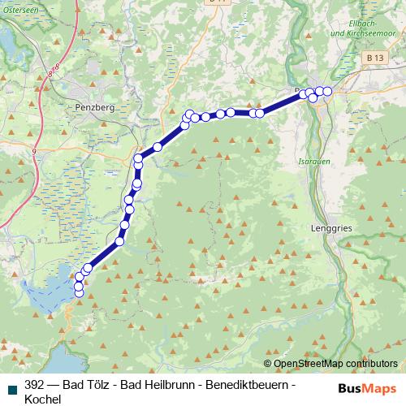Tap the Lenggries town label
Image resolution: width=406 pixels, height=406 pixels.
[x=331, y=229]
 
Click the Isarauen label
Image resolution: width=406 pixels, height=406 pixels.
[x=313, y=162]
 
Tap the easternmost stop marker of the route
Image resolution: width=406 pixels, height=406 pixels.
[x=327, y=92]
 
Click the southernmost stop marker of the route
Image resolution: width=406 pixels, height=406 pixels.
[x=79, y=293]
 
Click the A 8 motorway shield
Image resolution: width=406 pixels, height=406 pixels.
[x=52, y=74]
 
